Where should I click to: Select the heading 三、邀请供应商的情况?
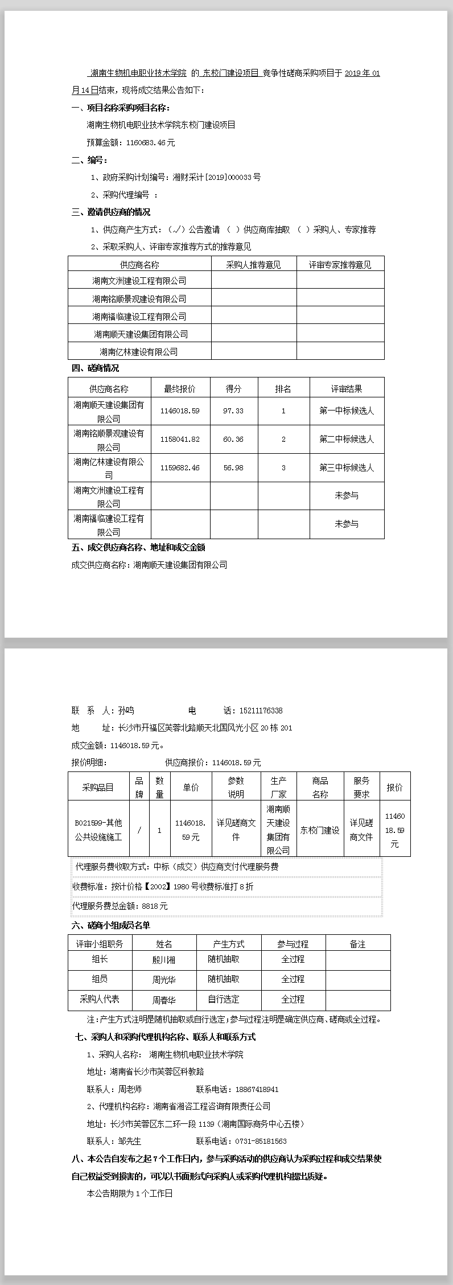pos(111,212)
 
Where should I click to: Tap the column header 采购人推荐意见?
pos(253,265)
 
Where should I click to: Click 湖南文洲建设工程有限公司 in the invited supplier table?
pos(139,281)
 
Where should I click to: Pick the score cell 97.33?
pos(233,410)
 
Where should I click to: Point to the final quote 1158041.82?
pos(180,439)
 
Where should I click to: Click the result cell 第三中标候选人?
pos(347,467)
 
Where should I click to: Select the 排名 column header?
pos(283,389)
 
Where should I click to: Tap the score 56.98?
pos(233,467)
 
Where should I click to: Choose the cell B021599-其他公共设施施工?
pos(98,830)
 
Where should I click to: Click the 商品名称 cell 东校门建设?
pos(320,830)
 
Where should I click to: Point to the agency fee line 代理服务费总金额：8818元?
pos(120,906)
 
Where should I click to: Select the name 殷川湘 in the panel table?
pos(164,960)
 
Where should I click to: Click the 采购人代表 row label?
pos(100,999)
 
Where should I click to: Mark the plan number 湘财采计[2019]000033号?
pos(217,177)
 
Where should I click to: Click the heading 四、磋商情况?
pos(95,368)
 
